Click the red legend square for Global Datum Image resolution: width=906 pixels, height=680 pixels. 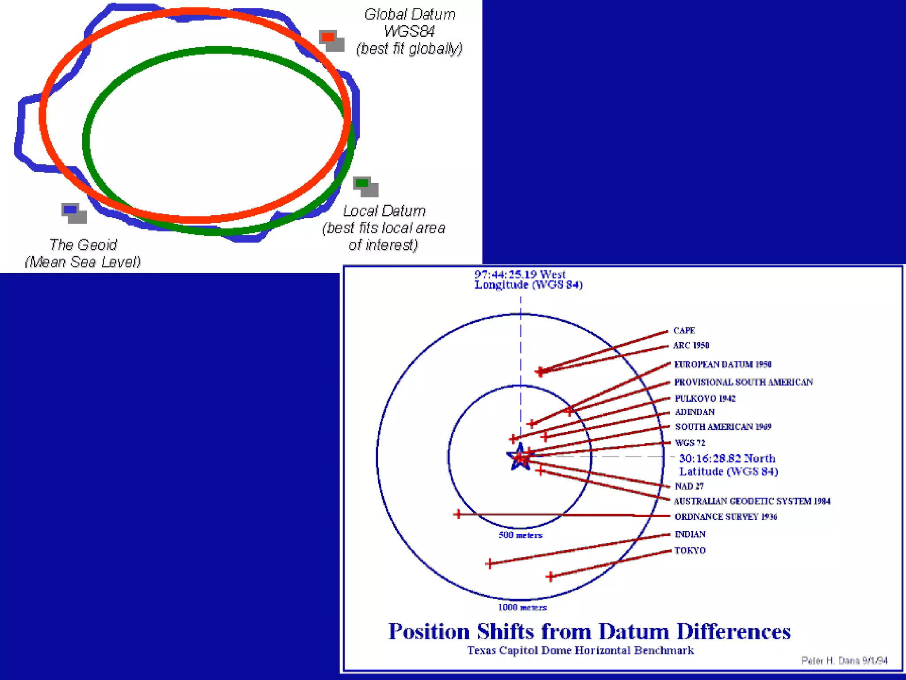pos(328,37)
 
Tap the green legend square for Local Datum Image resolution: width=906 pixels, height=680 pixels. pos(362,183)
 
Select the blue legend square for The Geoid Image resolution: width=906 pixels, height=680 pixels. pos(70,209)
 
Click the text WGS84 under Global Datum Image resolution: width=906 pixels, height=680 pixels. pos(409,31)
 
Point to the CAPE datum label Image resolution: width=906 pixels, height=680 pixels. pos(684,331)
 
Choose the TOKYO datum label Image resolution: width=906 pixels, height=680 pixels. pos(690,551)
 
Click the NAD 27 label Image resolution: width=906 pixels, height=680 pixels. pos(689,486)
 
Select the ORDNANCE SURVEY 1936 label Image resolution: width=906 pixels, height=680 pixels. pos(726,517)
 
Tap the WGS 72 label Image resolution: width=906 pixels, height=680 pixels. pos(690,443)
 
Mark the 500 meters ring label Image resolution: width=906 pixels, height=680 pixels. pos(520,535)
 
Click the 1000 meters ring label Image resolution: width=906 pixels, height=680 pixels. pos(522,607)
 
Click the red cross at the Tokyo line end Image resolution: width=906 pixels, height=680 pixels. pos(550,576)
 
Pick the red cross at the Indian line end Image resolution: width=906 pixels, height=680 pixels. pos(489,564)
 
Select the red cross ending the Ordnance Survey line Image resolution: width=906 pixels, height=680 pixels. pos(458,514)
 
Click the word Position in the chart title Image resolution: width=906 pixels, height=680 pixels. pos(429,631)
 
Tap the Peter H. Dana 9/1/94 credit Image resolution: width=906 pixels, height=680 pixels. pos(844,661)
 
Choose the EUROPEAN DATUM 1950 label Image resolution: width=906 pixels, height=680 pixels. pos(722,365)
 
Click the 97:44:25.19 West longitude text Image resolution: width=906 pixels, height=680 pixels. pos(520,274)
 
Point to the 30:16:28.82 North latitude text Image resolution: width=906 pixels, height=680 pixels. pos(727,459)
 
